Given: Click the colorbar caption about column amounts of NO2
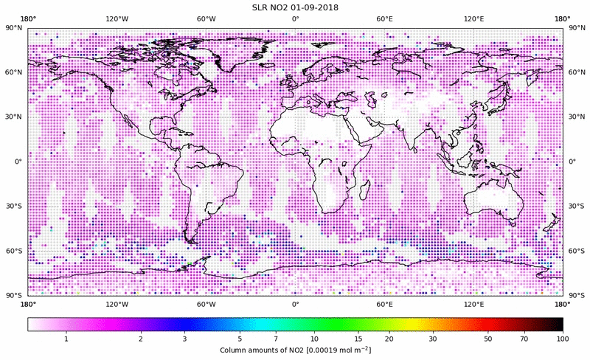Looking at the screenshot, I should [x=295, y=348].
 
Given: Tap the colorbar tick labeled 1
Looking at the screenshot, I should [x=66, y=338].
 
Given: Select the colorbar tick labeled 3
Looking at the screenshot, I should [x=185, y=338].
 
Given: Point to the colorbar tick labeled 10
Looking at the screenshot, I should [x=315, y=338].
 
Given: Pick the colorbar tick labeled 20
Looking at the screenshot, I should [x=389, y=338].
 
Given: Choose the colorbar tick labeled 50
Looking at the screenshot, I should [x=487, y=338].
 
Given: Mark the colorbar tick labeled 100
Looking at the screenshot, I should [x=563, y=338].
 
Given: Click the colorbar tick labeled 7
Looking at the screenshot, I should [x=276, y=338].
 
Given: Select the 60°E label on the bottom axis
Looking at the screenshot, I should [x=384, y=303].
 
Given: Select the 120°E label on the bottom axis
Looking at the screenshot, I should [x=473, y=303].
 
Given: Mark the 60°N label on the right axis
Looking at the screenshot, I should [x=577, y=73].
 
